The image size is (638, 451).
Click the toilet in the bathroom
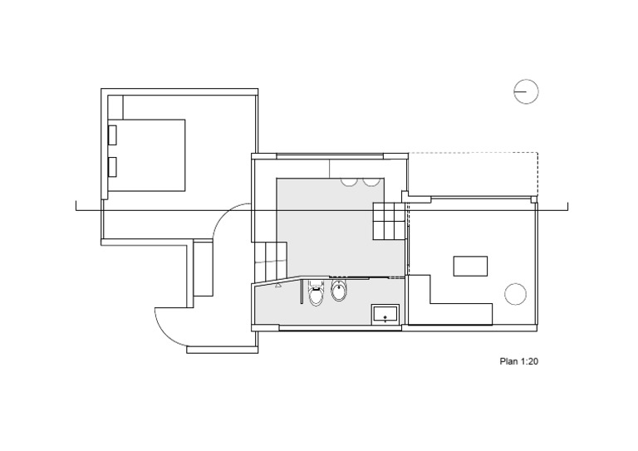[x=316, y=293]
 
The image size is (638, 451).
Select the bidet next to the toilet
[x=338, y=291]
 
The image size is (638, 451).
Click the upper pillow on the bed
[x=112, y=135]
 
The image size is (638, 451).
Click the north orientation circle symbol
[x=526, y=91]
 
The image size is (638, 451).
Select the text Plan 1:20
[x=519, y=361]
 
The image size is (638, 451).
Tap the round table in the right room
[x=515, y=292]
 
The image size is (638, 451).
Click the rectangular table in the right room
[x=471, y=266]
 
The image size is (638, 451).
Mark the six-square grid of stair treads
[x=388, y=222]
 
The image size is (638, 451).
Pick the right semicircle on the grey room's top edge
[x=371, y=180]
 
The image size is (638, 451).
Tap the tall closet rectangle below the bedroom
[x=204, y=272]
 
